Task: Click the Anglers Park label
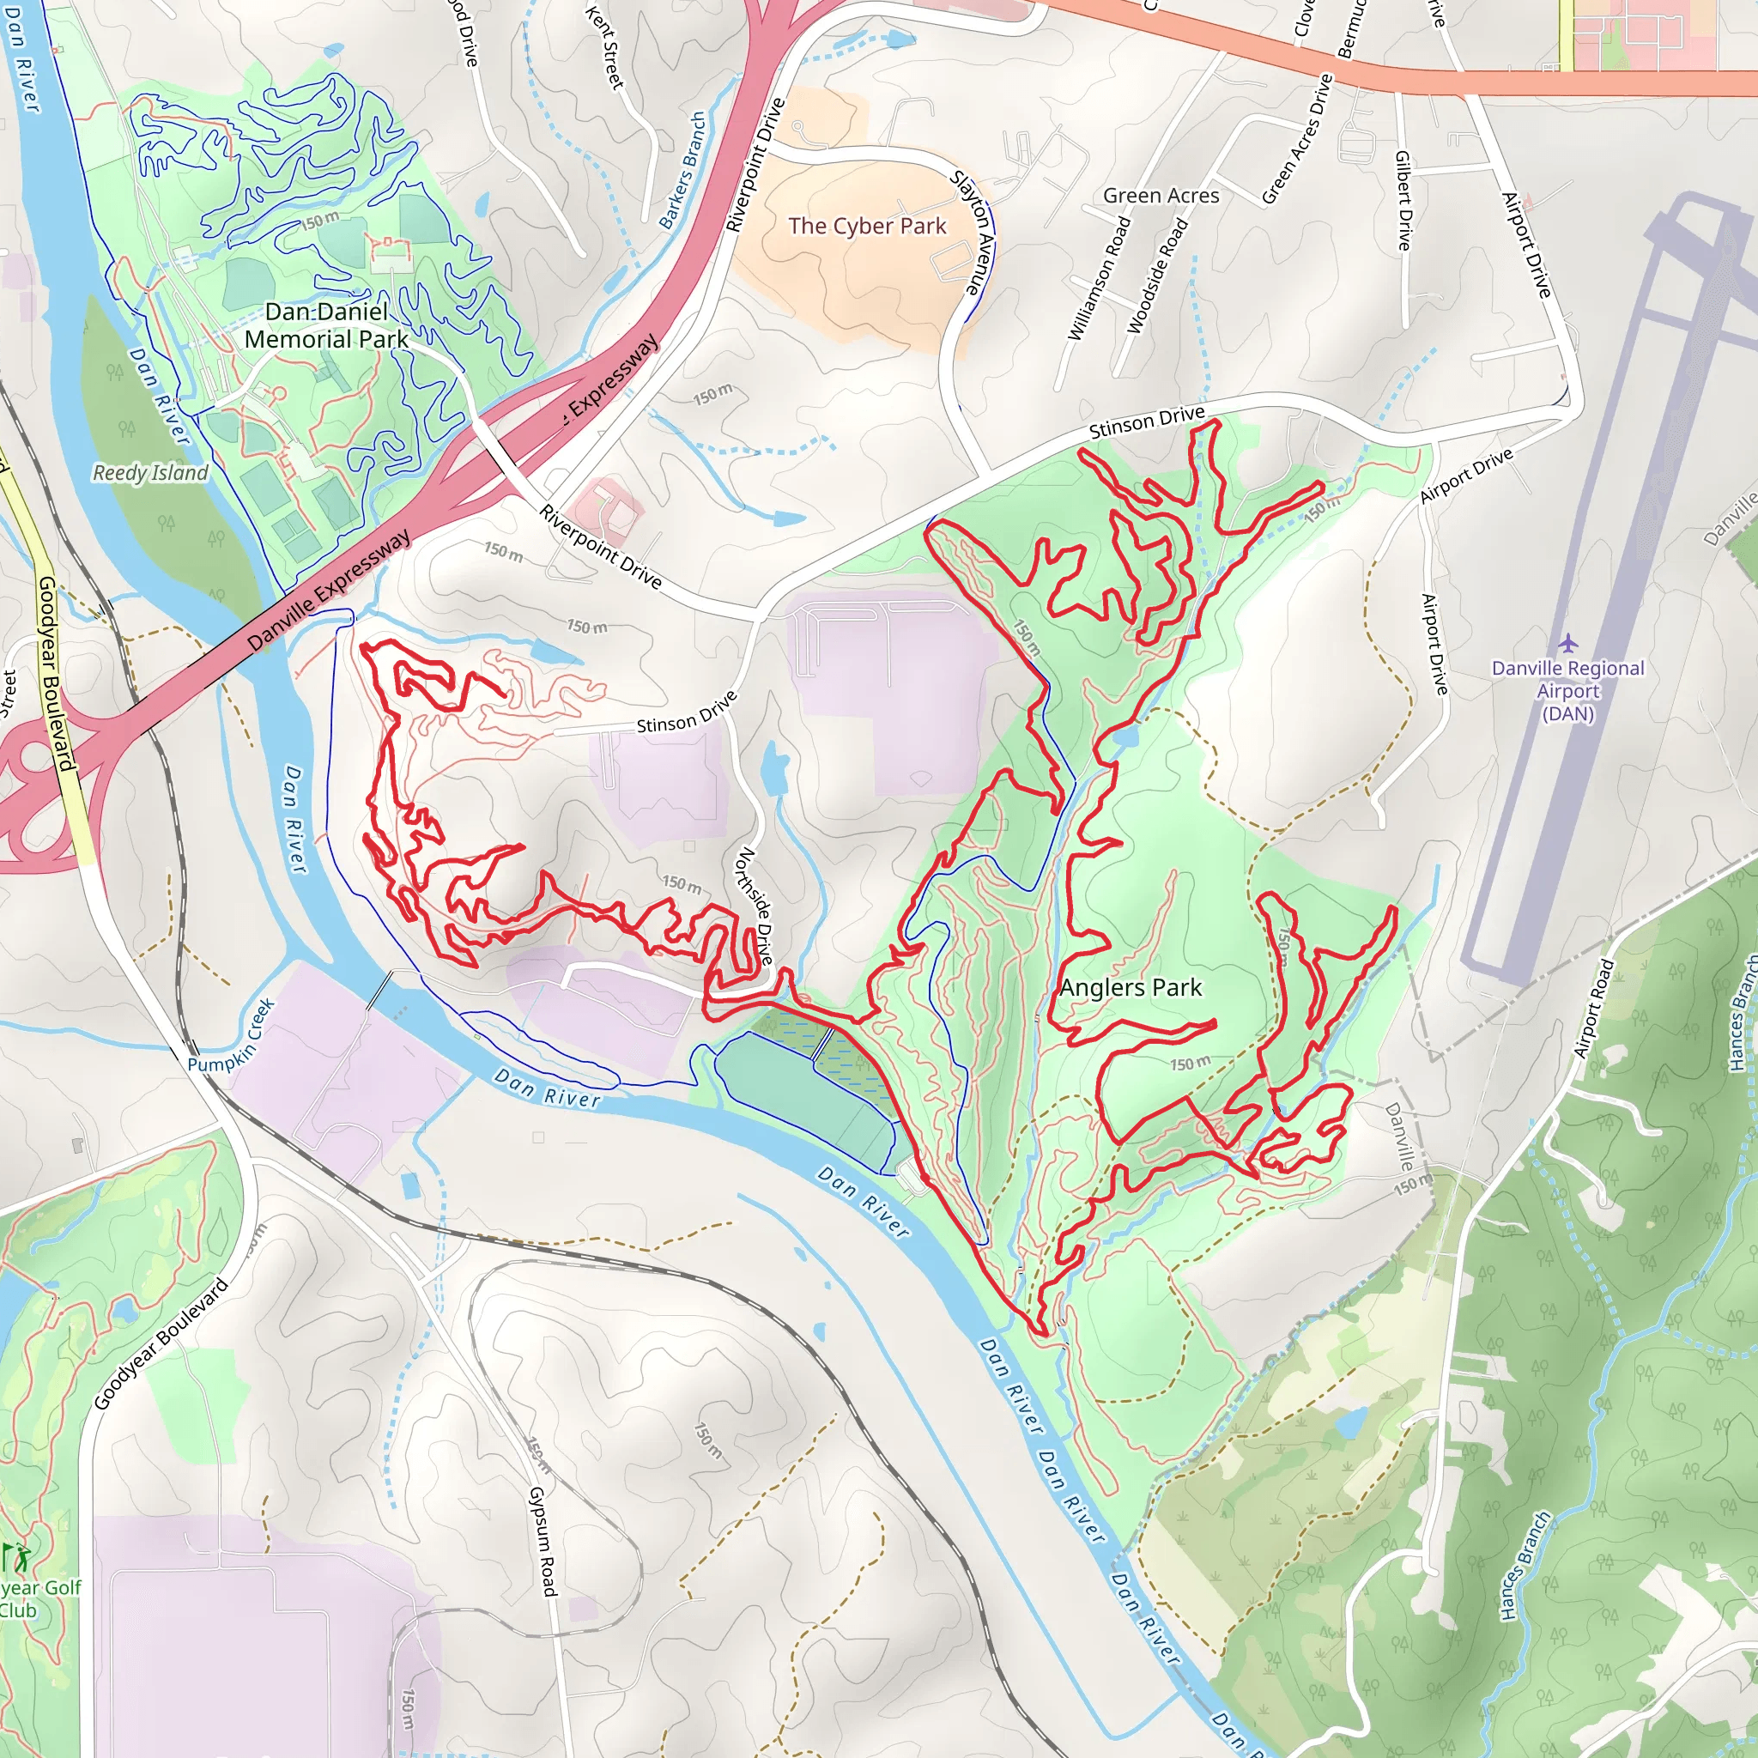[1131, 987]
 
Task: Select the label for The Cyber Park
[867, 226]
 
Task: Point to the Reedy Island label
[150, 473]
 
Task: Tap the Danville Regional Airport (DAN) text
[1567, 691]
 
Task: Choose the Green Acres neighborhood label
[1161, 196]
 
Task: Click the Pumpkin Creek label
[231, 1035]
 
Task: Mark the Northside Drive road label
[755, 906]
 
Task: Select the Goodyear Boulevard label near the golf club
[161, 1346]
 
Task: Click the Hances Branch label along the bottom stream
[1525, 1565]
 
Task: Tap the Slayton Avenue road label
[976, 232]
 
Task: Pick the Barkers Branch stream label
[682, 170]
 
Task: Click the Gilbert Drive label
[1403, 200]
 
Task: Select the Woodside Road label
[1157, 276]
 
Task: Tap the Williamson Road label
[1100, 279]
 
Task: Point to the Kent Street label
[604, 47]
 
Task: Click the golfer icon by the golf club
[15, 1558]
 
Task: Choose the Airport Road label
[1592, 1009]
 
